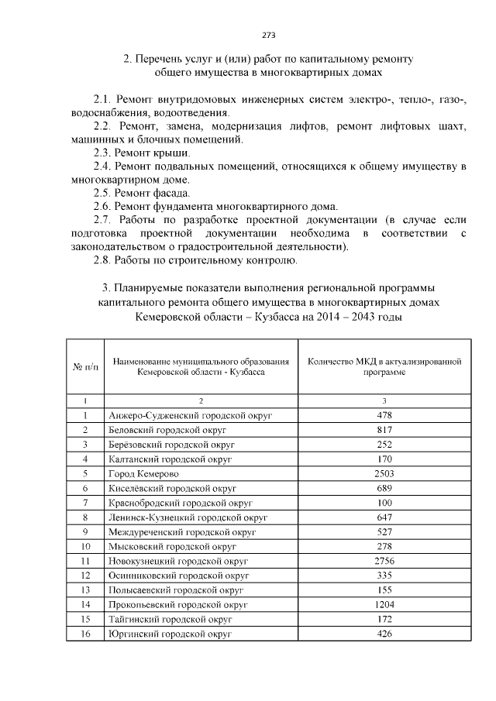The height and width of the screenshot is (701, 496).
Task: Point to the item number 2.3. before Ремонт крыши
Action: pos(102,153)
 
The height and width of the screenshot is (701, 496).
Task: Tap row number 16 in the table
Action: pos(85,633)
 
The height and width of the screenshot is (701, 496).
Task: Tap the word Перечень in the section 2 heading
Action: pos(166,59)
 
